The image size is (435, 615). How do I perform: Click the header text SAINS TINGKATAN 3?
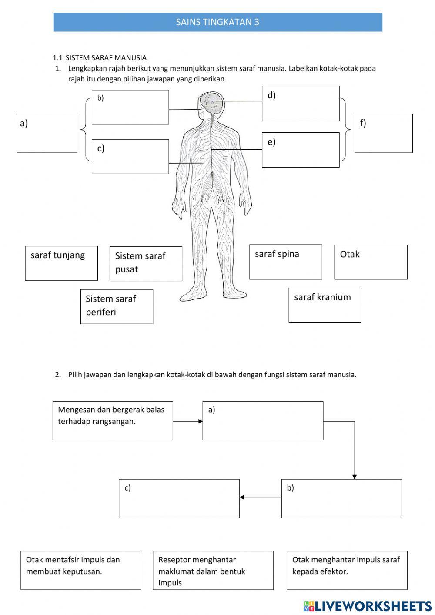(217, 22)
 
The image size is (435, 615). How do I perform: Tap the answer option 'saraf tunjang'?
(61, 263)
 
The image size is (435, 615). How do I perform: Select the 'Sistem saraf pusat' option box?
(146, 263)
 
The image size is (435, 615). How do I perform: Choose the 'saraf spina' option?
(285, 262)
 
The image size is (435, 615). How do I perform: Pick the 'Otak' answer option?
(371, 262)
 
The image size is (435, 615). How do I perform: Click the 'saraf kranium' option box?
(325, 305)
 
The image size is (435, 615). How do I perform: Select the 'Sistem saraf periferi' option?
(117, 306)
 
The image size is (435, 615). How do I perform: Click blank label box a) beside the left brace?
(47, 133)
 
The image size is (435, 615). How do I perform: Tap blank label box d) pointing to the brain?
(301, 103)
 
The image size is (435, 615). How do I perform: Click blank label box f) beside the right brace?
(383, 133)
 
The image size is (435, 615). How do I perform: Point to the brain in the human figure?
(211, 103)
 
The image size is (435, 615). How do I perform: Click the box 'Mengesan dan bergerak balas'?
(113, 420)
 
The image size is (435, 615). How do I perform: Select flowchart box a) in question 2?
(263, 420)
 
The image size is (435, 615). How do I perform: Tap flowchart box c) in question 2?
(179, 498)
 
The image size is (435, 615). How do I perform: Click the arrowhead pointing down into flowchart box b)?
(355, 477)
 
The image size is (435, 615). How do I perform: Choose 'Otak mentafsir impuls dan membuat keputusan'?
(81, 570)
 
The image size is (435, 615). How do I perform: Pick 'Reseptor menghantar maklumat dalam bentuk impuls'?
(213, 570)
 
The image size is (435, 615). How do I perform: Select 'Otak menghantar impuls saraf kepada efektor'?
(347, 570)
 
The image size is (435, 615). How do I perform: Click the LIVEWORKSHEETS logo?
(368, 606)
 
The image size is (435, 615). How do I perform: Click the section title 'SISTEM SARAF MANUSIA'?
(106, 57)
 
